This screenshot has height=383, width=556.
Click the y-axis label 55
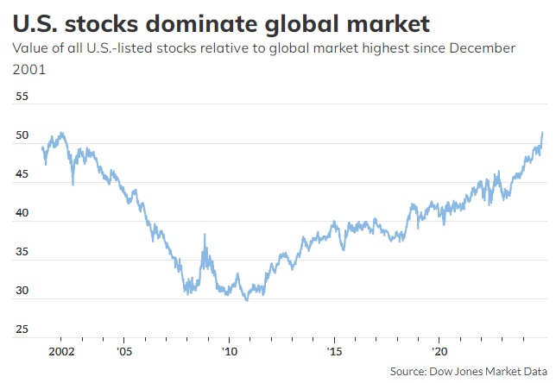(23, 97)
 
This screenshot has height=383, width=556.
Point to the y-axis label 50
(23, 136)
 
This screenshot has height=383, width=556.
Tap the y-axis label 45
(23, 175)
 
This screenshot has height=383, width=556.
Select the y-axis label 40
(23, 214)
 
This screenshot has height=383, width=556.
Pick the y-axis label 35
(23, 253)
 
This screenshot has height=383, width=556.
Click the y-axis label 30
(23, 292)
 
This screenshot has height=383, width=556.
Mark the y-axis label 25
(23, 330)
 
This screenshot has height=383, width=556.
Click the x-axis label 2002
(61, 352)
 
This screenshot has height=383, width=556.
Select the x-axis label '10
(229, 352)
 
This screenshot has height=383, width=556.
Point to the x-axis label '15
(335, 352)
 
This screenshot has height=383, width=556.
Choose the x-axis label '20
(440, 352)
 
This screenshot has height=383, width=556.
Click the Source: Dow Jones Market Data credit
(467, 371)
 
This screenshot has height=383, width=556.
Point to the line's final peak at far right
(542, 132)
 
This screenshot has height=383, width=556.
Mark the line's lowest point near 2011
(247, 299)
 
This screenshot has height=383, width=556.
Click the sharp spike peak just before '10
(205, 235)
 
